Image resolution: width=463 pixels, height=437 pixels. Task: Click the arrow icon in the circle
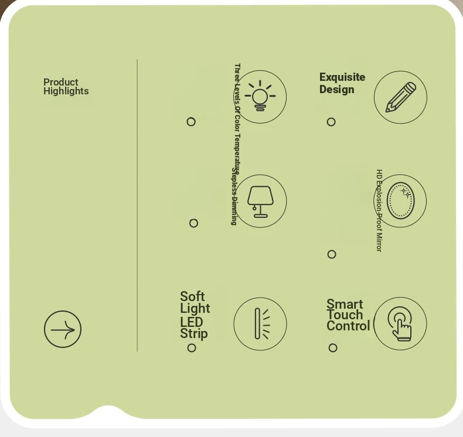[63, 329]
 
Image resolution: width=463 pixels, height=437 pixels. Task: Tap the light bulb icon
[260, 97]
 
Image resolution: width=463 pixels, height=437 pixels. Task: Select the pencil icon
[400, 97]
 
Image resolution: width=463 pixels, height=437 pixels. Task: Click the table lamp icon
[260, 201]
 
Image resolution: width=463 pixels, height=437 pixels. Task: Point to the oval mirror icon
[401, 201]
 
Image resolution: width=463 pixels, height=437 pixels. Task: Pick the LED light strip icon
[260, 324]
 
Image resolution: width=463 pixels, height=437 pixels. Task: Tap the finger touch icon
[400, 324]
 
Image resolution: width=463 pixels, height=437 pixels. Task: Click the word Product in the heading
[60, 82]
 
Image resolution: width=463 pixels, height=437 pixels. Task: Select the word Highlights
[66, 91]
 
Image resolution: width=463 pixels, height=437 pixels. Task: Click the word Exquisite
[342, 77]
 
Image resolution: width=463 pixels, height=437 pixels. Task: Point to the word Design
[337, 90]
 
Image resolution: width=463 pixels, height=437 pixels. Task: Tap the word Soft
[192, 296]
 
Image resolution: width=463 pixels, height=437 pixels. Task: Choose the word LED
[192, 322]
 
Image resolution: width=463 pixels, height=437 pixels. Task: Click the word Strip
[194, 334]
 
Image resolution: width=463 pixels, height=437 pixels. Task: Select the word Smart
[345, 304]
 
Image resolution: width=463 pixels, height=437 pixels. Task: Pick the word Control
[348, 326]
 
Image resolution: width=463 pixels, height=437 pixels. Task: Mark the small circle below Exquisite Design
[331, 122]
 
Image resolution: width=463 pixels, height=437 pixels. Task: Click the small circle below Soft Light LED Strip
[192, 348]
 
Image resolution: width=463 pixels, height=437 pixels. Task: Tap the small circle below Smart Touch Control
[333, 348]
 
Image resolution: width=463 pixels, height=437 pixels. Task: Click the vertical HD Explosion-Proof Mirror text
[379, 211]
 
